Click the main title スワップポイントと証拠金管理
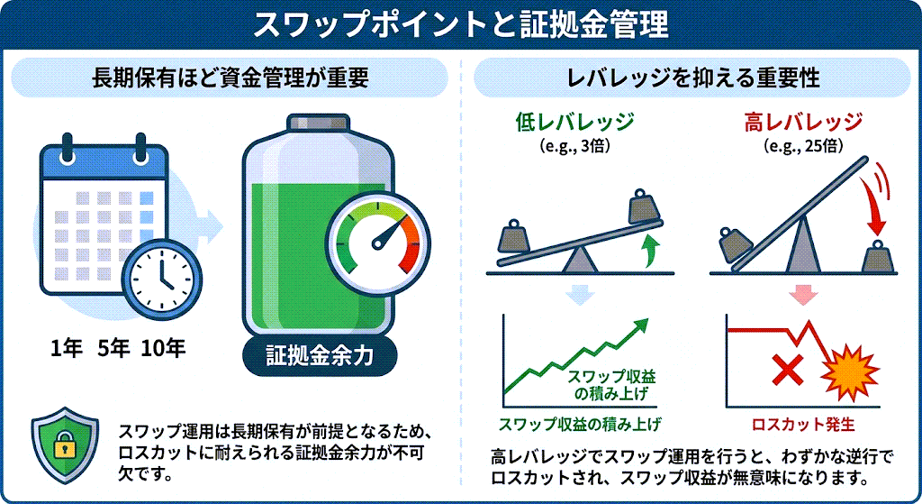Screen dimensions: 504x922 460,24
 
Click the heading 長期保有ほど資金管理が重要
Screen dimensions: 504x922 230,78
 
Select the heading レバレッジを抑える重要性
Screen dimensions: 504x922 692,78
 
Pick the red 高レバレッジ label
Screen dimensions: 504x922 804,122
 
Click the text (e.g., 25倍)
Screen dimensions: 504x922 804,144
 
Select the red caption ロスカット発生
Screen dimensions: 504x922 803,423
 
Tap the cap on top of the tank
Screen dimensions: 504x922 317,124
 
